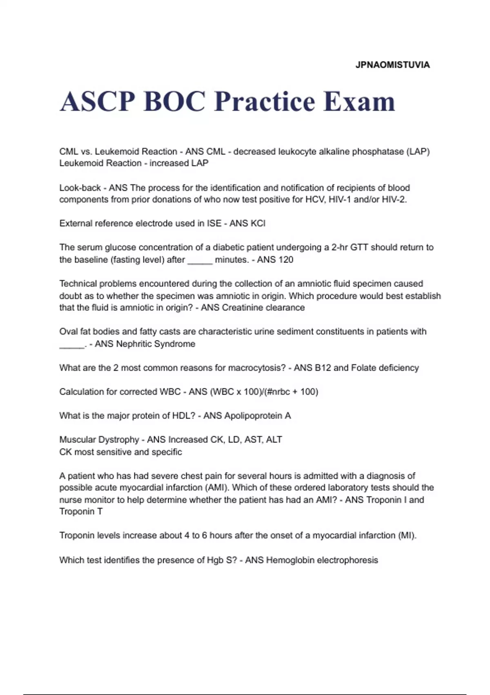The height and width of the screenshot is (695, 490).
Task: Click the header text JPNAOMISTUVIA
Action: [392, 65]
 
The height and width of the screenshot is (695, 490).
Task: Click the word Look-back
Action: [80, 188]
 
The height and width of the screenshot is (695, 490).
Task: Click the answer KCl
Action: [256, 224]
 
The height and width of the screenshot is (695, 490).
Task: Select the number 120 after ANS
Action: [285, 260]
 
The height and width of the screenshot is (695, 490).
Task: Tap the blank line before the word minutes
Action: [200, 260]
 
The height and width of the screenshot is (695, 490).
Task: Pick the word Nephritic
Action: [135, 344]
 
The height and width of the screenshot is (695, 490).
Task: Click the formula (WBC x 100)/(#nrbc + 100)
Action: [264, 392]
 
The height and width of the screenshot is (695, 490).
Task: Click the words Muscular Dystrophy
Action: [99, 440]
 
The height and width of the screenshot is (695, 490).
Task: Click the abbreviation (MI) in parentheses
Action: [407, 536]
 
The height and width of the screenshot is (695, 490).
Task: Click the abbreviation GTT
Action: [359, 248]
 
